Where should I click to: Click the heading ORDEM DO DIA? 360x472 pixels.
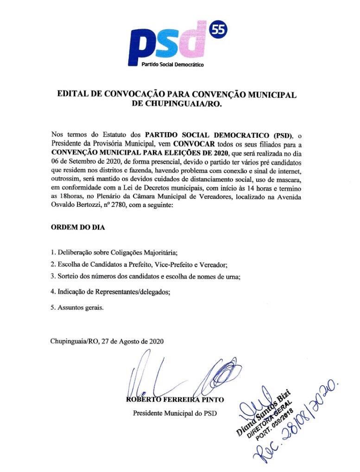coord(78,229)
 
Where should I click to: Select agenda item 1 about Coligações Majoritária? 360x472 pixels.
coord(114,253)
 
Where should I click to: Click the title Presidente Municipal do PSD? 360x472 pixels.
coord(175,413)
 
